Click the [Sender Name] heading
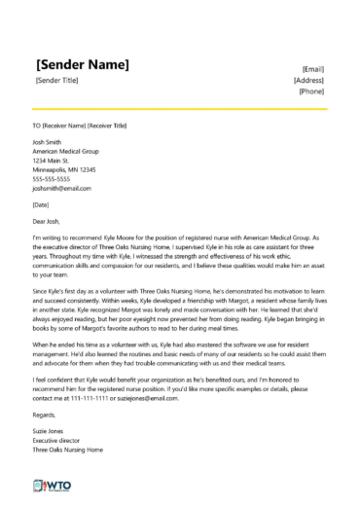click(82, 64)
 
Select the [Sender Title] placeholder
click(60, 82)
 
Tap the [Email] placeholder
click(313, 69)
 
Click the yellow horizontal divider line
click(180, 108)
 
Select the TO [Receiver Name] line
click(79, 127)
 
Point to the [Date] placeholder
click(41, 205)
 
